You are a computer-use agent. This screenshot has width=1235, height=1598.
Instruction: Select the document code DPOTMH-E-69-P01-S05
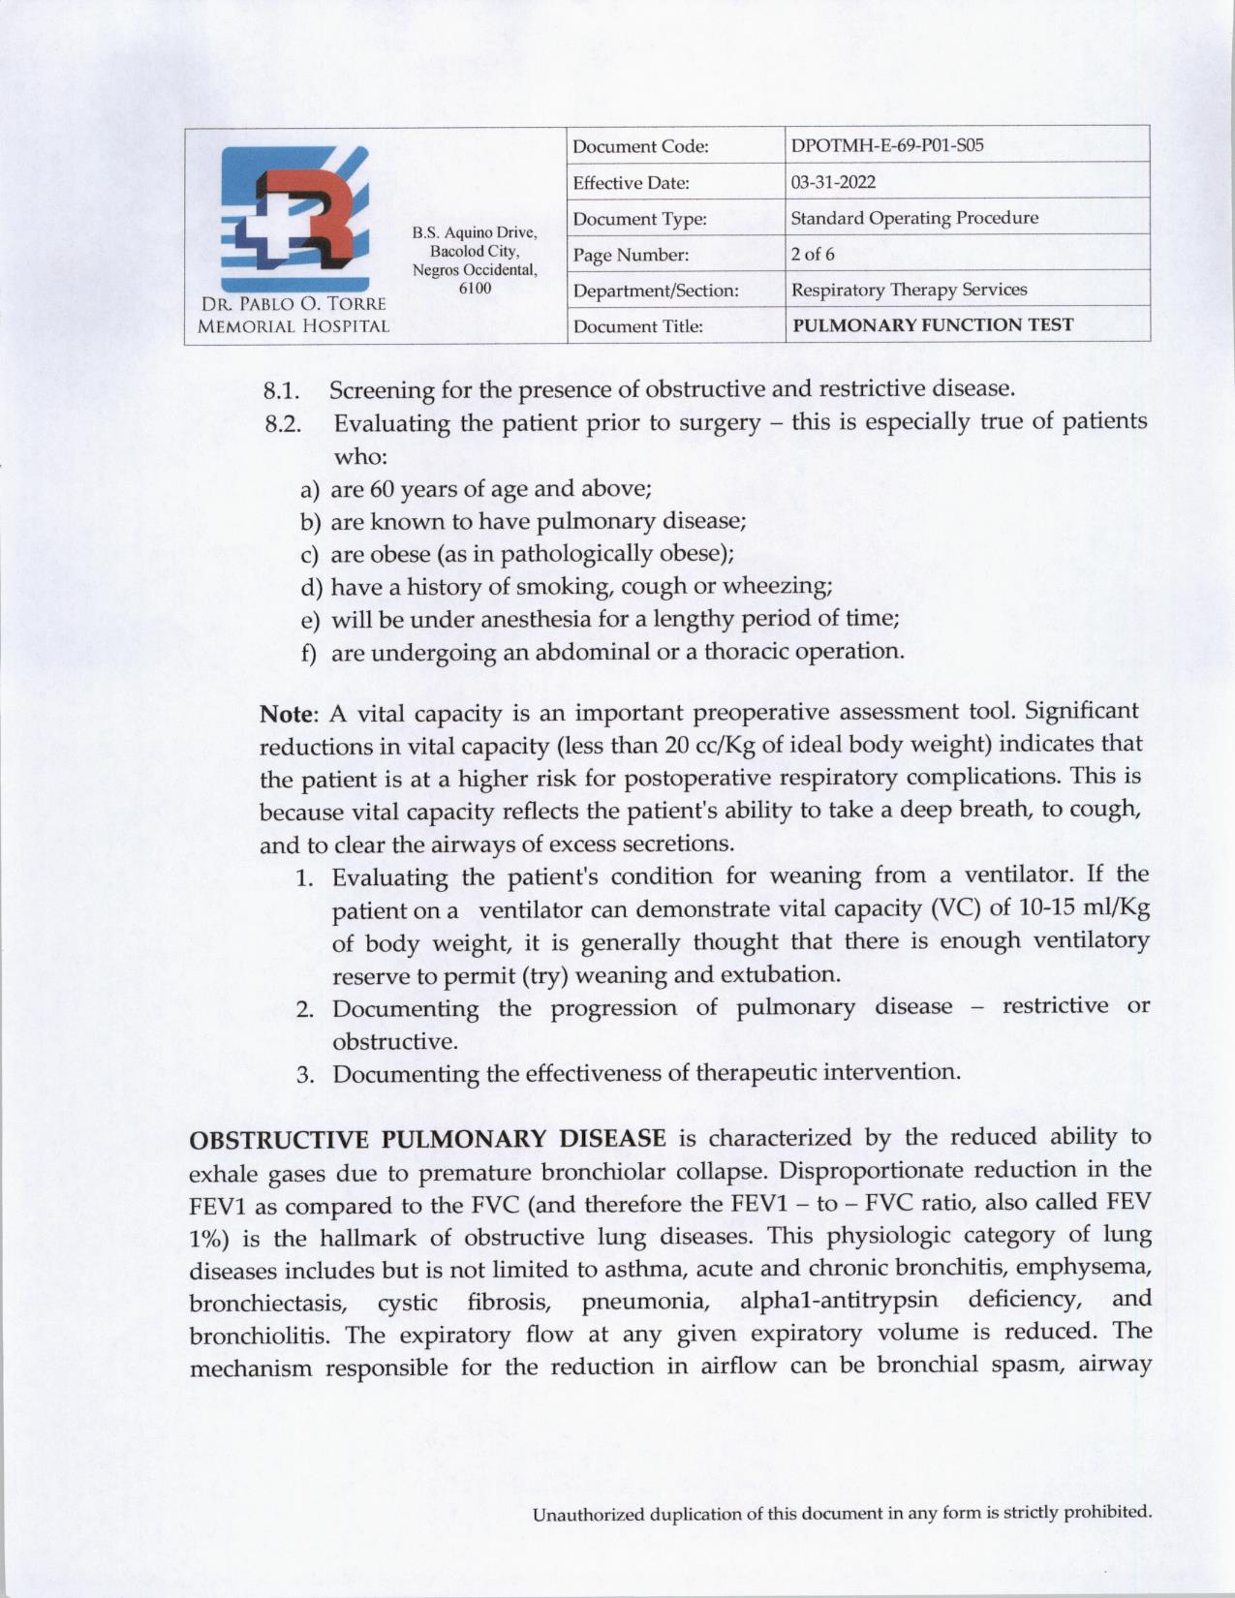887,146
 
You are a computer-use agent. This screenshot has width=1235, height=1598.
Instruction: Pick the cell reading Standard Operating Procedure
914,218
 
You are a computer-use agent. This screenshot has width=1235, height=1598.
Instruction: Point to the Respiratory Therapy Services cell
909,290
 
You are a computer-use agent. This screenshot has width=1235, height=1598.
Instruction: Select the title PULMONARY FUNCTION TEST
933,325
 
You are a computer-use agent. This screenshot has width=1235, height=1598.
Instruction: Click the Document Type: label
639,219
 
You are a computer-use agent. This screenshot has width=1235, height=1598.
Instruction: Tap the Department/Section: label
656,291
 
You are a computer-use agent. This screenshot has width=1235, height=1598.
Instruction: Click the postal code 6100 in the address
475,288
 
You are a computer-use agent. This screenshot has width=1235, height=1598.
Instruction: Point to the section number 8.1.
281,391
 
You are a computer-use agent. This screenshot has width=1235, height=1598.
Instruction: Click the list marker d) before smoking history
311,588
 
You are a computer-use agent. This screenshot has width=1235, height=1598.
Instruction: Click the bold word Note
288,715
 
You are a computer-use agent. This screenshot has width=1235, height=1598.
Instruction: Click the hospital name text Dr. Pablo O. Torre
293,304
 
